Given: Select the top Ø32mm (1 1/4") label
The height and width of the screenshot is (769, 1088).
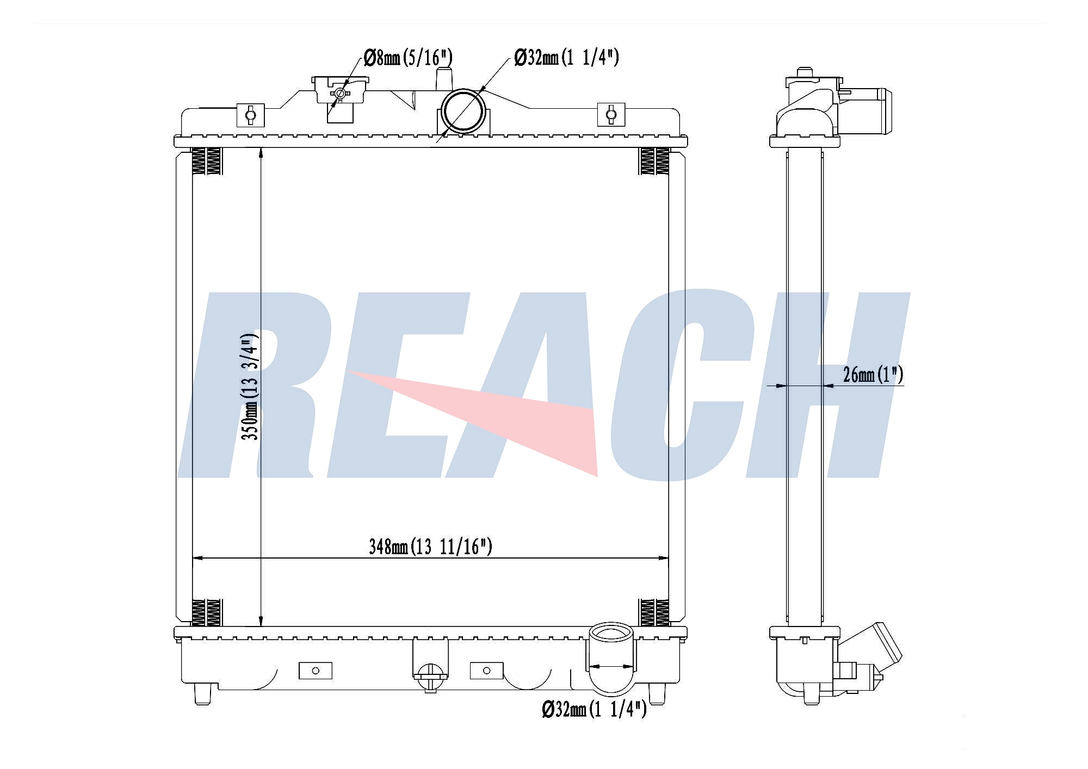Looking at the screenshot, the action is (x=566, y=57).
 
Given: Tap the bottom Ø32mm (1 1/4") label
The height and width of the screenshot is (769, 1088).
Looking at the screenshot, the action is (x=594, y=709).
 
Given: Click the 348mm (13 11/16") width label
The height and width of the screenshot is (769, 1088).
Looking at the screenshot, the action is (x=430, y=547).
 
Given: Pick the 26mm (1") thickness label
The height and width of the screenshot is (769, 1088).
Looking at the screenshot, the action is (x=873, y=375).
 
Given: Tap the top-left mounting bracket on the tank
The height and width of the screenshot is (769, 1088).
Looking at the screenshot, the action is (x=250, y=115).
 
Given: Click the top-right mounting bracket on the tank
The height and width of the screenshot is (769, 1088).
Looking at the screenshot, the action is (x=611, y=114).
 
